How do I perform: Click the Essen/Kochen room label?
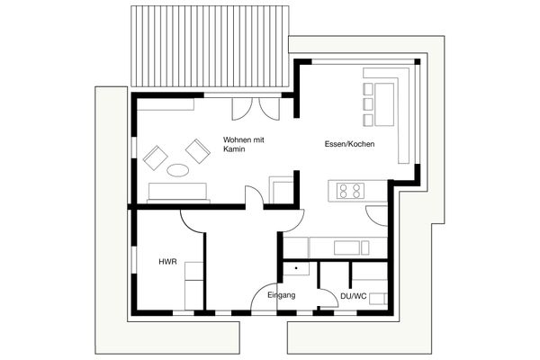pyautogui.click(x=349, y=145)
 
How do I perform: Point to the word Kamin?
pyautogui.click(x=234, y=150)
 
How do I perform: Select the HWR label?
pyautogui.click(x=166, y=262)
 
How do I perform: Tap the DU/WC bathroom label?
pyautogui.click(x=353, y=294)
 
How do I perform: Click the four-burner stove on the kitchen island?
pyautogui.click(x=350, y=190)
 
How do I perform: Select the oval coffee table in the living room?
pyautogui.click(x=178, y=169)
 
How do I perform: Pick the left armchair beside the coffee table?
pyautogui.click(x=156, y=157)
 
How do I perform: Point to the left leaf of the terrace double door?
pyautogui.click(x=242, y=107)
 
